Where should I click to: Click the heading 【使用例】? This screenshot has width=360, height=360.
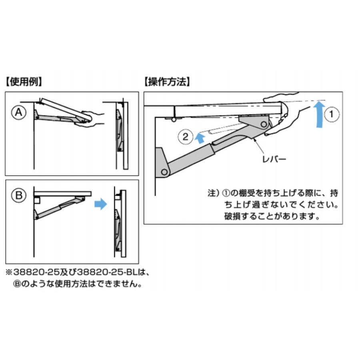(24, 82)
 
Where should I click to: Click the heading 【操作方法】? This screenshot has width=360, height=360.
(167, 82)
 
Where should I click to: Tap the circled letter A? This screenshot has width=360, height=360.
(18, 112)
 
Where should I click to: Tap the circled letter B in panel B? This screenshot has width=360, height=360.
(18, 195)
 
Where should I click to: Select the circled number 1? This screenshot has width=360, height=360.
(332, 114)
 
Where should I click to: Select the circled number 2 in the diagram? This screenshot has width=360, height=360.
(185, 137)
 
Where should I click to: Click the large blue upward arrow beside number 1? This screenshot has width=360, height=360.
(319, 114)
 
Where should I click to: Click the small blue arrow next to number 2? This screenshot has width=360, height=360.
(200, 138)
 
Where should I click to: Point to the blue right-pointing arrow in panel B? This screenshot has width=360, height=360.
(101, 204)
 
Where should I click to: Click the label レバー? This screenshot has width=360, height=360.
(274, 159)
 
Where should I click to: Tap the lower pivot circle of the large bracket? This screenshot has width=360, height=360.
(164, 172)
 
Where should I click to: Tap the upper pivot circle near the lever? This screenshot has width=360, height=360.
(264, 125)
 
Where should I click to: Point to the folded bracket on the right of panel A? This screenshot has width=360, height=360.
(120, 130)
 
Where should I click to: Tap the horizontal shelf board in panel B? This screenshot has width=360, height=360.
(62, 194)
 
